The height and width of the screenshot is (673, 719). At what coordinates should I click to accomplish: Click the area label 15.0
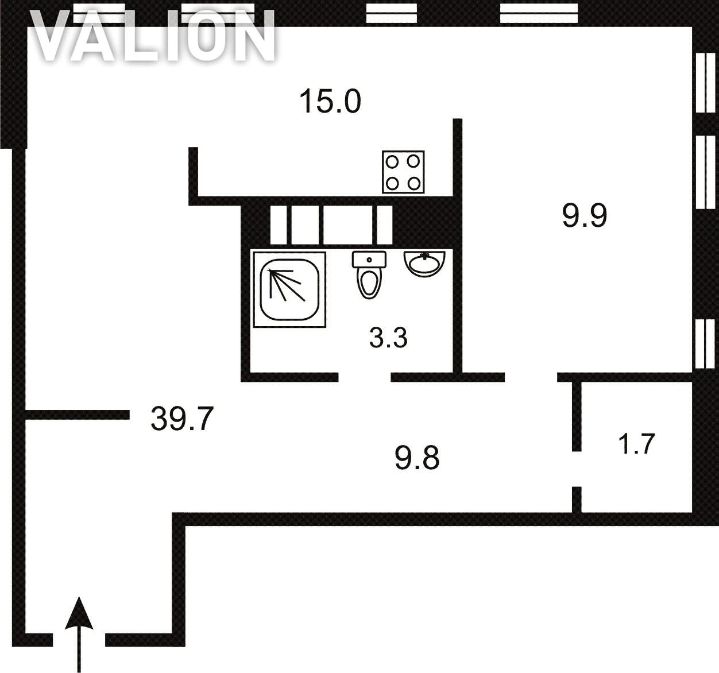[330, 102]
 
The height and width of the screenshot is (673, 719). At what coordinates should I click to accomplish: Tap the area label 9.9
[585, 215]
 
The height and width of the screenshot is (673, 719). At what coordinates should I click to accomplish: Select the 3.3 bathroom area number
[388, 338]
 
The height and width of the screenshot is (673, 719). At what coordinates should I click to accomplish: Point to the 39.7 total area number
[181, 419]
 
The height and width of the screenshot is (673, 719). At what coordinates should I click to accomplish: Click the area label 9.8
[417, 458]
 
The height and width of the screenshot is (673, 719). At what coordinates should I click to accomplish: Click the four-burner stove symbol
[403, 172]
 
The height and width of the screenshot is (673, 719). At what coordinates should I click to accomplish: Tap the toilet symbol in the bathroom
[369, 275]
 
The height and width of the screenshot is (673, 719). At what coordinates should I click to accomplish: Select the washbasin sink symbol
[424, 264]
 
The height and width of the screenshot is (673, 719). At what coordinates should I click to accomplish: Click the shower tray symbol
[289, 289]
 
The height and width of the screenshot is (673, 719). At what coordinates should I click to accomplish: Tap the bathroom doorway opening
[364, 377]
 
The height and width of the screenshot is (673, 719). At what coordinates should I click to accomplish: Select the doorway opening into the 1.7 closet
[577, 469]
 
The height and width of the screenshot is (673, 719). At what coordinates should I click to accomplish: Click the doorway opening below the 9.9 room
[531, 377]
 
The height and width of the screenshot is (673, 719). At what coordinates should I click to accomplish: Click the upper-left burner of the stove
[392, 162]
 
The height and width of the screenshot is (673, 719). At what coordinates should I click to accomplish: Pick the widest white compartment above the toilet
[347, 225]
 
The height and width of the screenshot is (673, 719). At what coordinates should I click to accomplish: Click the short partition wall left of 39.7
[77, 415]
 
